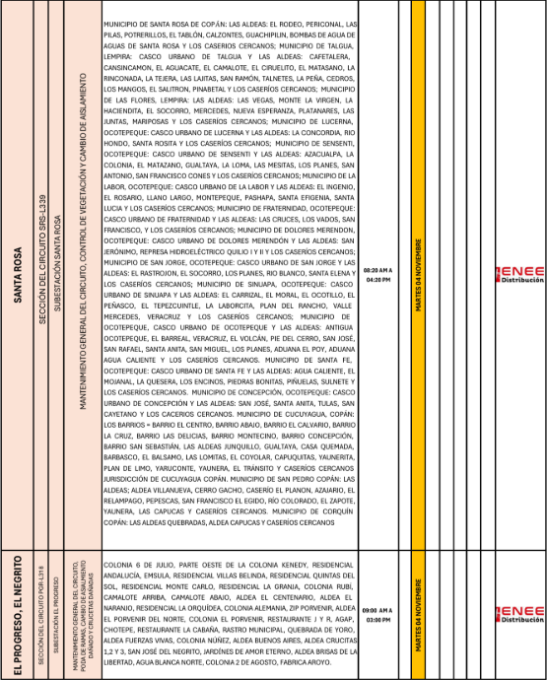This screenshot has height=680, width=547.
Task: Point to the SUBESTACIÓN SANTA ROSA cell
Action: click(58, 279)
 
